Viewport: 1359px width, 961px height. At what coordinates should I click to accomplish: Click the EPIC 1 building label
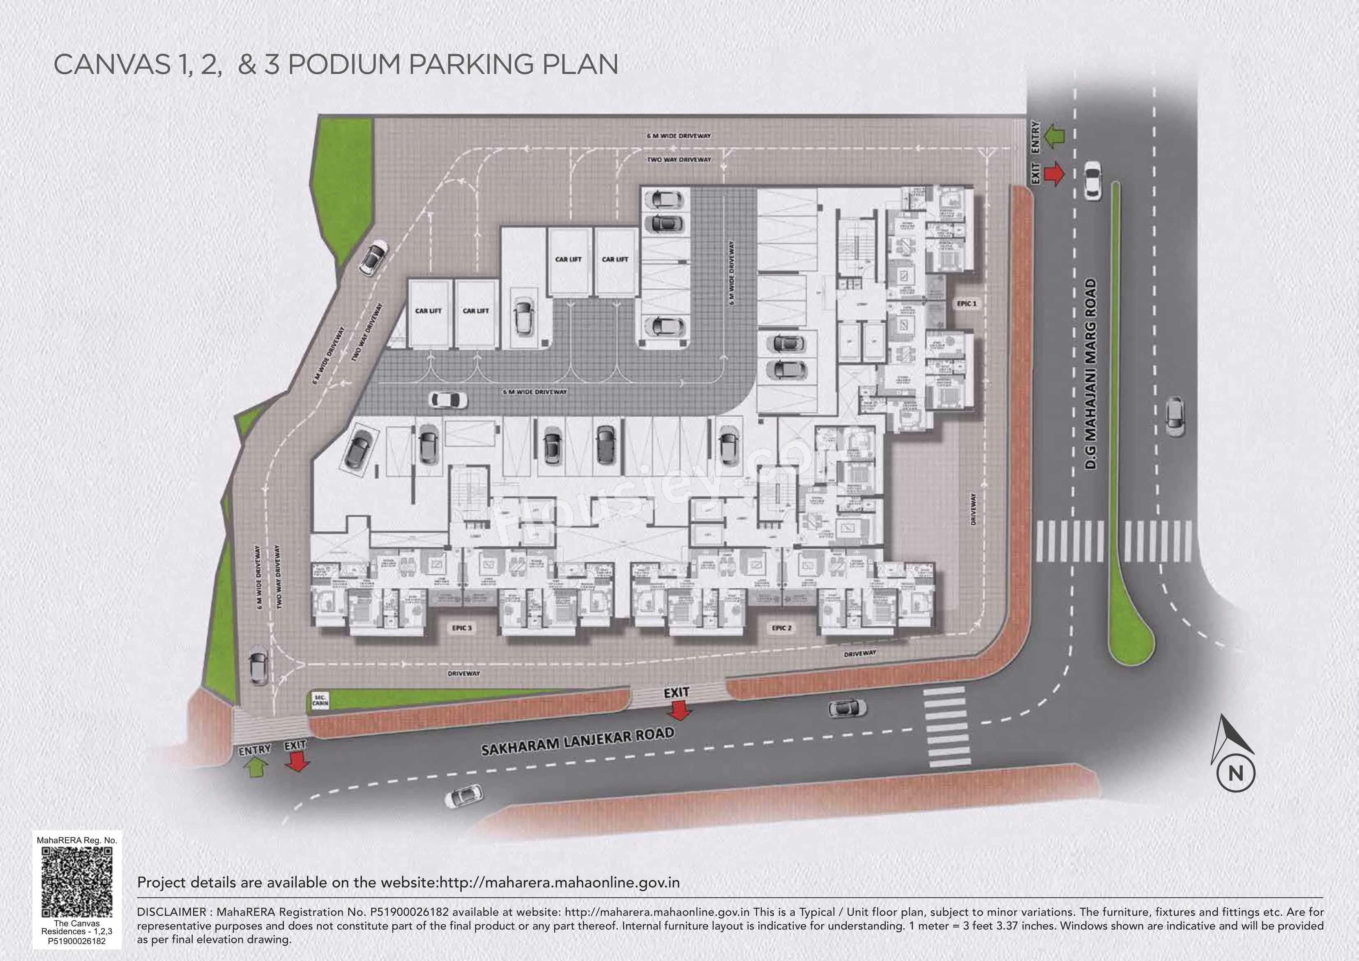967,303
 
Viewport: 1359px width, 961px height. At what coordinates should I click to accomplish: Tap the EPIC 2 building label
782,628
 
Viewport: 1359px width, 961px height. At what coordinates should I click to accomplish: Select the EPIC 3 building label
462,628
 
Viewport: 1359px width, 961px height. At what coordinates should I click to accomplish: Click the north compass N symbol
1236,790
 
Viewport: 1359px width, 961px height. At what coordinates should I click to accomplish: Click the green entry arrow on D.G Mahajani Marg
1054,136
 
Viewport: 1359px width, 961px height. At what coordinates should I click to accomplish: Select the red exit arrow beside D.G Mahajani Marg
1054,174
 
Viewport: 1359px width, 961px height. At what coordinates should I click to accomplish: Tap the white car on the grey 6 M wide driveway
448,400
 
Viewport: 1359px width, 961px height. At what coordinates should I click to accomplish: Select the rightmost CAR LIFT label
615,259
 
